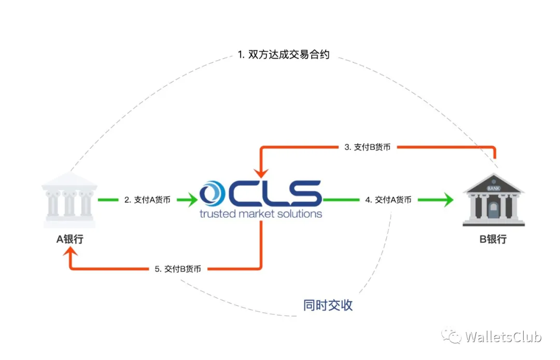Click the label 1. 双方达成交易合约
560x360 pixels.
tap(284, 54)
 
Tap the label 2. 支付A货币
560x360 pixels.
tap(147, 200)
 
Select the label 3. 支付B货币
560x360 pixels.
tap(368, 147)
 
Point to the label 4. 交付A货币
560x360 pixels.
tap(388, 200)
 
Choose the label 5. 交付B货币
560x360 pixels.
tap(178, 269)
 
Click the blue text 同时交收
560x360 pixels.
tap(328, 306)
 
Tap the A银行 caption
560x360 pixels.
tap(70, 239)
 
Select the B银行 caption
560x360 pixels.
tap(493, 239)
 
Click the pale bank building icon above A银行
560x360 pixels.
tap(69, 200)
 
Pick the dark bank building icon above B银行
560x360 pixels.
tap(494, 200)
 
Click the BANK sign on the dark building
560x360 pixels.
tap(494, 188)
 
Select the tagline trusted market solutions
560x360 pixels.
tap(261, 214)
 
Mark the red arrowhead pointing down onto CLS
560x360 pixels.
tap(261, 173)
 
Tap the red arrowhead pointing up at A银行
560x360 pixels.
tap(71, 252)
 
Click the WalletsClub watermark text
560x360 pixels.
tap(503, 337)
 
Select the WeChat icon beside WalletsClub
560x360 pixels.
tap(452, 336)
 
